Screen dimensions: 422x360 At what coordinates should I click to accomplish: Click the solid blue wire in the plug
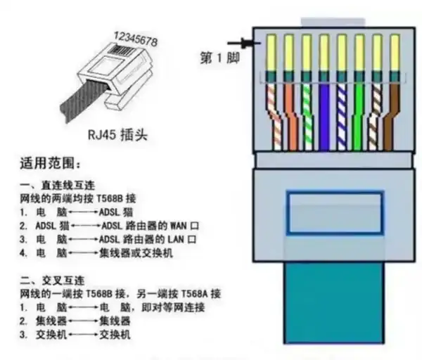(324, 116)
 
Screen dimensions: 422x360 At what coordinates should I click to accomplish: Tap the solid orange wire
(290, 116)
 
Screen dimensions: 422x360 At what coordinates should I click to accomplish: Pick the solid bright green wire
(358, 116)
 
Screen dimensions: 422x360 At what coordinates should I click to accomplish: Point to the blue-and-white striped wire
(342, 116)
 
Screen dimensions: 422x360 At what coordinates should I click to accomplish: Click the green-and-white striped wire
(307, 116)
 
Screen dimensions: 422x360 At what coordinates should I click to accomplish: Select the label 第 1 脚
(219, 58)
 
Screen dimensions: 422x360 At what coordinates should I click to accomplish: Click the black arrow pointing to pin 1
(244, 43)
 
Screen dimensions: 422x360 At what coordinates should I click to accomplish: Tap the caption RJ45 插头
(117, 134)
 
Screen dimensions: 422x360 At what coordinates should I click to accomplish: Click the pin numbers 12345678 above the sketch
(136, 39)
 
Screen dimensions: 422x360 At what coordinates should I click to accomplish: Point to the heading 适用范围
(51, 163)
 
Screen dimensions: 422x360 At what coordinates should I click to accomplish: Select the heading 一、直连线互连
(58, 186)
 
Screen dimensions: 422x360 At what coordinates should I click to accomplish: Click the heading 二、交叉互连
(52, 281)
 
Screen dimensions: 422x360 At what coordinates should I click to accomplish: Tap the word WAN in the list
(179, 226)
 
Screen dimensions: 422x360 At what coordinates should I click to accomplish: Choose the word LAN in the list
(176, 239)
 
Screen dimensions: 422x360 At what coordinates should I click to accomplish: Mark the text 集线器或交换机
(136, 253)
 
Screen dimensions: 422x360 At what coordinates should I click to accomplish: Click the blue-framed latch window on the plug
(335, 213)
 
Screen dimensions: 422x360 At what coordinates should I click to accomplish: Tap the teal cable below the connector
(333, 302)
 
